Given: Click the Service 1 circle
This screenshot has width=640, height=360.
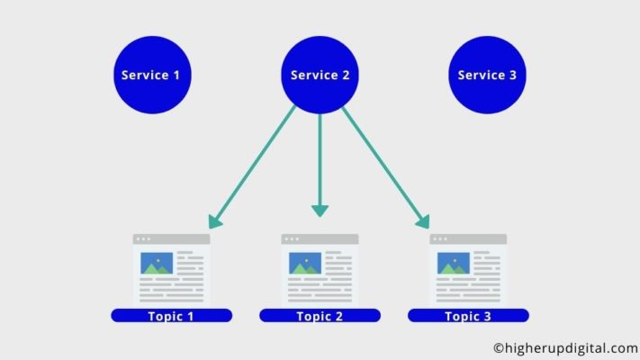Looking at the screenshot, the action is (x=152, y=75).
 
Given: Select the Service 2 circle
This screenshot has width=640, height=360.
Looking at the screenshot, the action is (x=320, y=75).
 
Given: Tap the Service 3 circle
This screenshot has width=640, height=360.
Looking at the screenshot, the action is (x=487, y=75).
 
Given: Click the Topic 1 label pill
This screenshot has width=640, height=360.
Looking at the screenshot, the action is (x=171, y=316).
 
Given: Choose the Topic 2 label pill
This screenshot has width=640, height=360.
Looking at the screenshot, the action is (x=320, y=316).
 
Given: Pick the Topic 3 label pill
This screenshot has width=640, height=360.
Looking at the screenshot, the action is (x=468, y=316).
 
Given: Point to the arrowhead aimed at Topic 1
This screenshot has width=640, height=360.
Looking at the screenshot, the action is (x=214, y=221).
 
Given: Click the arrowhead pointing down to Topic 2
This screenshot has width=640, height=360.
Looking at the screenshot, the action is (x=320, y=211).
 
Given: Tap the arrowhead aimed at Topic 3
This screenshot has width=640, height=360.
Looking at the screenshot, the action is (x=423, y=221).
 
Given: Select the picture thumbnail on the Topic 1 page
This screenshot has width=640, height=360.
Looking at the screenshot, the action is (x=157, y=264).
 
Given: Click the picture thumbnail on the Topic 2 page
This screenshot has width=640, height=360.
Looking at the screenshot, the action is (x=305, y=264).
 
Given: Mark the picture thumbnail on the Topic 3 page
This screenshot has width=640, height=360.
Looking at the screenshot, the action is (x=454, y=264).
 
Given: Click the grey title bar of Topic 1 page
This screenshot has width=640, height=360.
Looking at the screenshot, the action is (x=171, y=239).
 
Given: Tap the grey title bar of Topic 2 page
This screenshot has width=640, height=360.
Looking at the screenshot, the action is (x=320, y=239).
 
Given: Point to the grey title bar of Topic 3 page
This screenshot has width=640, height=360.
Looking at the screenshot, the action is (x=468, y=239).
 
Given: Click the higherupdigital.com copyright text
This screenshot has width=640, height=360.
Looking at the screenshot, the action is (x=565, y=348).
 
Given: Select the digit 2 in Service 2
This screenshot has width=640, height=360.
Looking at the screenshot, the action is (x=346, y=75).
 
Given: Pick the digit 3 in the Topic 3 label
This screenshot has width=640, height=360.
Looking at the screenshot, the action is (x=486, y=316).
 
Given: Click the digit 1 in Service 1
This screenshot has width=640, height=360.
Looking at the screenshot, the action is (x=176, y=75).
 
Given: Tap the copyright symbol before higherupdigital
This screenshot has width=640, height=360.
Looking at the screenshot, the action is (x=499, y=348).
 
